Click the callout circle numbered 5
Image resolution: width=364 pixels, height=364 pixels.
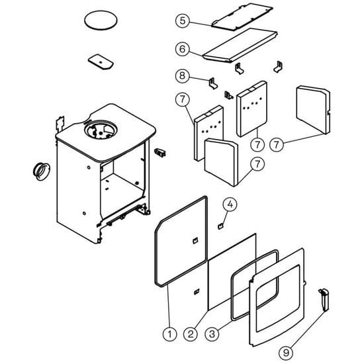click(x=183, y=21)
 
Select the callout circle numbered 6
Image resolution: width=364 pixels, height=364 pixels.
click(x=183, y=49)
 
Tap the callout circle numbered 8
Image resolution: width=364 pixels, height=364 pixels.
click(x=183, y=75)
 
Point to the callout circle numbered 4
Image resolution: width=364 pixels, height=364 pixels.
click(x=230, y=205)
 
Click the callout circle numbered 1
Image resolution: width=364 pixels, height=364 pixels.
click(x=169, y=334)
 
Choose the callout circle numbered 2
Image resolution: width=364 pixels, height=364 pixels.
click(x=191, y=334)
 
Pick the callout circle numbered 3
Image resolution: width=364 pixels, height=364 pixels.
click(x=212, y=334)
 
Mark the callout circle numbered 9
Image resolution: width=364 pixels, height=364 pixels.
click(x=286, y=353)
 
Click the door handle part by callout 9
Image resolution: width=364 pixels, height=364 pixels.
click(x=324, y=299)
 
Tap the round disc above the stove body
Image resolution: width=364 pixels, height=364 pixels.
click(x=101, y=20)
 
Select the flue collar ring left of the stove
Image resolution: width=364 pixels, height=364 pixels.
click(x=42, y=171)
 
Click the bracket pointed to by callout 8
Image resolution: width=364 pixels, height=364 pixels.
click(x=213, y=83)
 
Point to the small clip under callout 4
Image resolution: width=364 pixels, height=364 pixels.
click(x=220, y=226)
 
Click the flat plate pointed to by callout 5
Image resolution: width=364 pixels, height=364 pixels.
click(x=242, y=17)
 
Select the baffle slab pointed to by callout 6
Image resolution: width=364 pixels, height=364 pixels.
click(x=240, y=46)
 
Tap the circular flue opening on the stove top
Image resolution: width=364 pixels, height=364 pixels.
click(x=101, y=130)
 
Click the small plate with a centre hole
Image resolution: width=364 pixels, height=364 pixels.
click(x=101, y=62)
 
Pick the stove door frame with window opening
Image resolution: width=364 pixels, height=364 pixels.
click(x=277, y=297)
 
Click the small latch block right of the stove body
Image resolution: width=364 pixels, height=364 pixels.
click(x=160, y=152)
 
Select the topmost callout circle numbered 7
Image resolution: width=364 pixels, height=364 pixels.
click(x=183, y=99)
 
